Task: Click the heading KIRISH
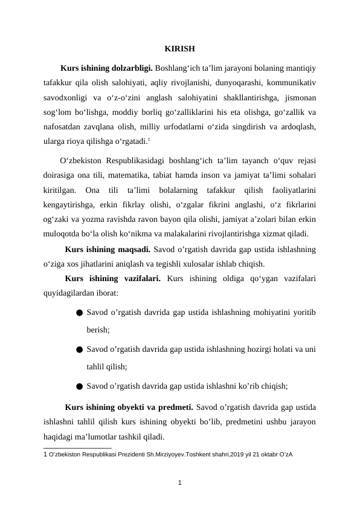[x=179, y=49]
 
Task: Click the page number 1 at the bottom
[x=179, y=482]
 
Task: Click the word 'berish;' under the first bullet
[x=98, y=330]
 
